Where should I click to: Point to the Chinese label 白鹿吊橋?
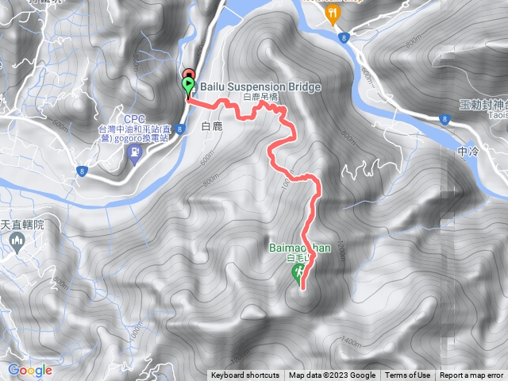[x=260, y=97]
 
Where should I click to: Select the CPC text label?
[x=133, y=118]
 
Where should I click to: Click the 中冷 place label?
[x=469, y=150]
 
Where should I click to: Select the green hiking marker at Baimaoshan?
[x=298, y=275]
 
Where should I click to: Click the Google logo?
[x=29, y=370]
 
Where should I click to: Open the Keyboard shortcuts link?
[x=245, y=375]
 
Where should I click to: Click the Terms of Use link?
[x=407, y=375]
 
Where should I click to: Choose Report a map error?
[x=473, y=375]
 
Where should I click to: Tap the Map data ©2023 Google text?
[x=332, y=375]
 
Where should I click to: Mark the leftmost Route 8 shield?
[x=83, y=171]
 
